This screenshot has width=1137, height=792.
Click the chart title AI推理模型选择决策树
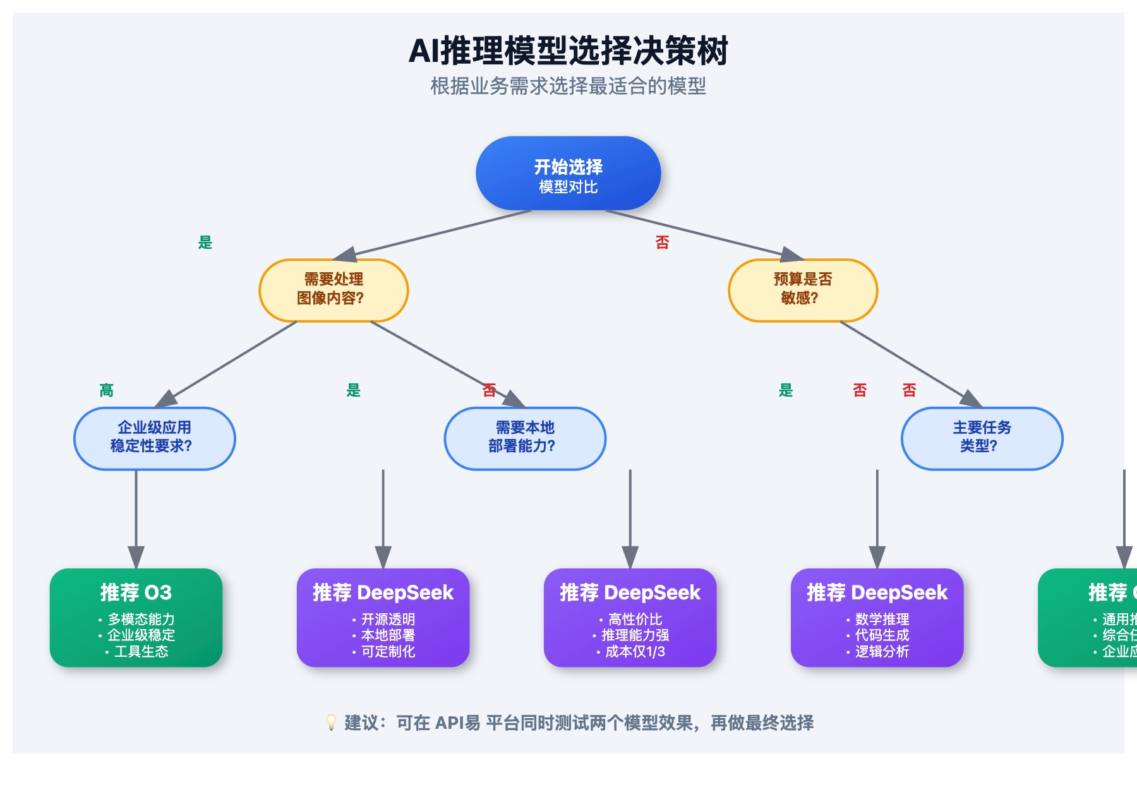tap(568, 51)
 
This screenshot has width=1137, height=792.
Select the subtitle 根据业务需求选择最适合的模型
tap(568, 86)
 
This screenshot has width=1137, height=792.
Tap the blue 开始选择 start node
tap(568, 173)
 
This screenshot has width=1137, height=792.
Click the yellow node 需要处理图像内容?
tap(334, 290)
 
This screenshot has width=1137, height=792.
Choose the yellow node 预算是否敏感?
tap(803, 290)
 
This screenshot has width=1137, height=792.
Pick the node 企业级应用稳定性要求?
tap(154, 438)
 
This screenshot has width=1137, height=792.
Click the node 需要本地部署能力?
tap(525, 438)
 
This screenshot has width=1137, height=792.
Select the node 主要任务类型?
tap(982, 438)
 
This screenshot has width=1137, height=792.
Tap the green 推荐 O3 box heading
tap(136, 592)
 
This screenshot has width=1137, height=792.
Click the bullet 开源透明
tap(387, 619)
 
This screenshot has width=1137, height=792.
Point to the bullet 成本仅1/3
tap(634, 652)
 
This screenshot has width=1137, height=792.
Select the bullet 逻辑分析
tap(881, 652)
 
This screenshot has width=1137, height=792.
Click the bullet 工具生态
tap(140, 652)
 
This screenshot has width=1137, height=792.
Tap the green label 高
tap(106, 390)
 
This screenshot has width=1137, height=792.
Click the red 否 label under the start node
tap(662, 243)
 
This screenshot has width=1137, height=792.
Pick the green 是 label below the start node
tap(205, 243)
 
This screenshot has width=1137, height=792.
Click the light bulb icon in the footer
tap(331, 722)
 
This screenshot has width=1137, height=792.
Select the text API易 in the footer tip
tap(457, 723)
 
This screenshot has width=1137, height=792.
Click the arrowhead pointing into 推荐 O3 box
tap(136, 557)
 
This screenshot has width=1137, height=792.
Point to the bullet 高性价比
tap(634, 619)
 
